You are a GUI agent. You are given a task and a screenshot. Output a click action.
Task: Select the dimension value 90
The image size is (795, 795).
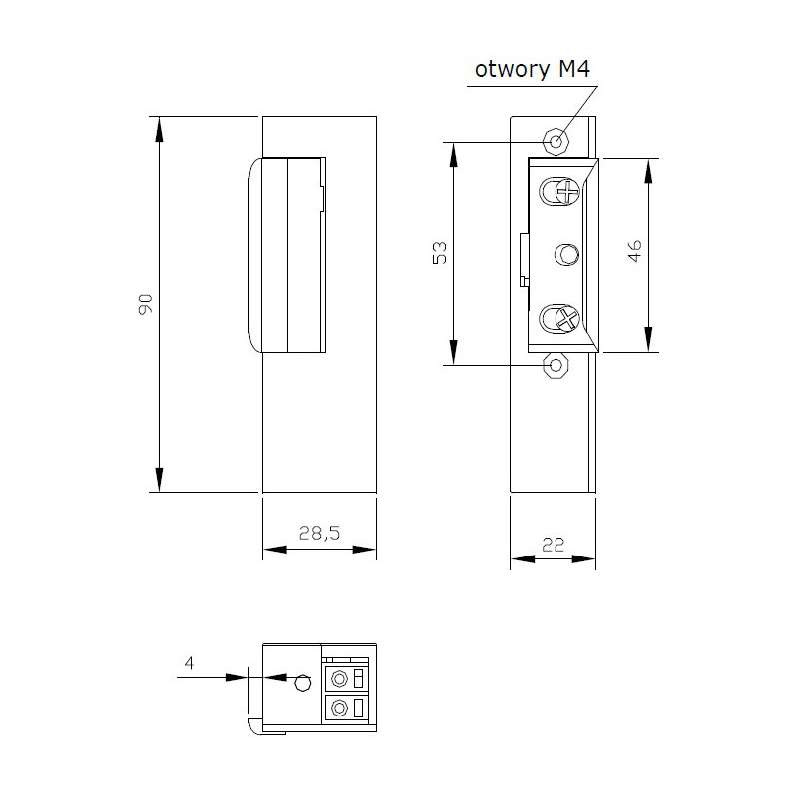click(144, 304)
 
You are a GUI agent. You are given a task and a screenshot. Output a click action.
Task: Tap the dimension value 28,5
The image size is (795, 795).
click(319, 534)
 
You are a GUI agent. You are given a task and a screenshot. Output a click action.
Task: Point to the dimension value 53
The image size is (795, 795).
click(441, 252)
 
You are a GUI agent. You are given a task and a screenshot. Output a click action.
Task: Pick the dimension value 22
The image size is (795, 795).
click(554, 544)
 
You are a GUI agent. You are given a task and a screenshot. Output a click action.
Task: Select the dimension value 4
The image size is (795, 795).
click(188, 662)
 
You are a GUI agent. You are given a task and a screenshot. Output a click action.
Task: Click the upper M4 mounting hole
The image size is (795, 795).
click(556, 140)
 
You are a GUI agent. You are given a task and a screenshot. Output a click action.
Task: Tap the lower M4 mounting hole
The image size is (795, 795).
click(556, 367)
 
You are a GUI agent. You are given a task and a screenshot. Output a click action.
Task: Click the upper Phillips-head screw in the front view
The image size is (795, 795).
click(564, 190)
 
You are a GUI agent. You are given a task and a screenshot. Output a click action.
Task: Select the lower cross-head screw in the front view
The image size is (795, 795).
click(563, 319)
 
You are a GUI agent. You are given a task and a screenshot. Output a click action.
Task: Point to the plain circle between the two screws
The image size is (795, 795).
click(566, 255)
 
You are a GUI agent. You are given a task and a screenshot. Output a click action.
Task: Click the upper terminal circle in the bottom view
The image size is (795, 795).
click(340, 680)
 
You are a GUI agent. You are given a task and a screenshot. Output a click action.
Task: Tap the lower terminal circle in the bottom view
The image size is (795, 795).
click(340, 709)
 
